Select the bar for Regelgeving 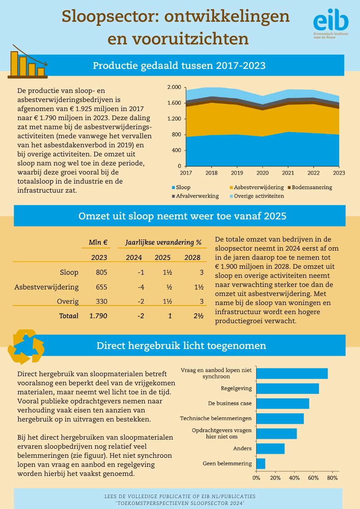pos(287,388)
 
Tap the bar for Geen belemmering pos(261,464)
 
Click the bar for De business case pos(282,403)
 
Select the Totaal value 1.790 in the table pos(98,316)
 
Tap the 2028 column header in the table pos(192,257)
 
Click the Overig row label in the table pos(68,301)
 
